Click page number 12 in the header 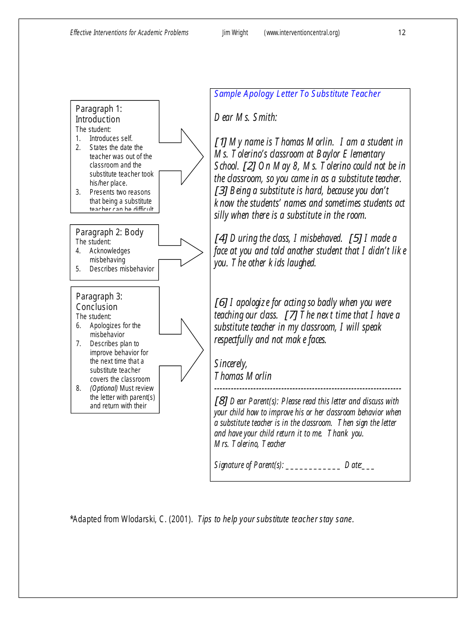402,33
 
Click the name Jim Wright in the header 235,33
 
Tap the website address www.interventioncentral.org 302,33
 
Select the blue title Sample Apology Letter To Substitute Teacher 297,94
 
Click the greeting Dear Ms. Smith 245,117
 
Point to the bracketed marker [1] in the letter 220,142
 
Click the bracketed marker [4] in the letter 220,238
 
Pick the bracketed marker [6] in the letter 220,302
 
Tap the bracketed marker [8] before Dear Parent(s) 220,401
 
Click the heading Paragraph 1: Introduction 99,114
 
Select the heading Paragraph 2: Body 109,232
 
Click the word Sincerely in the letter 230,364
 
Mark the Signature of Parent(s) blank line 313,466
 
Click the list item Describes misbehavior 122,269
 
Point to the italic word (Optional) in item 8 104,388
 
